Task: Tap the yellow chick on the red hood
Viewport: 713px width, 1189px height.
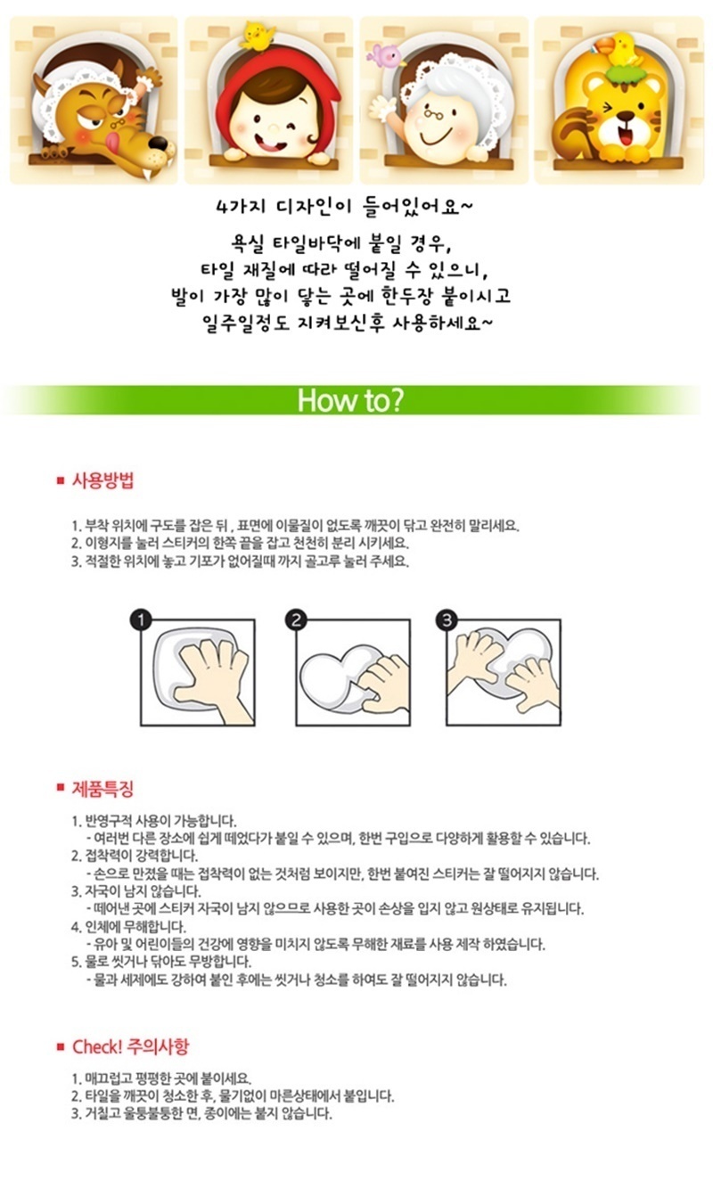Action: [x=258, y=36]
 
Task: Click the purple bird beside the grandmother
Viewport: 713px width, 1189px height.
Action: [x=389, y=54]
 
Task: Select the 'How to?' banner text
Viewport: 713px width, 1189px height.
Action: [x=350, y=400]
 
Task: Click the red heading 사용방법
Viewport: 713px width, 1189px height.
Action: [x=103, y=480]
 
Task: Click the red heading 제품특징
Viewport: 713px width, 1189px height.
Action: [x=103, y=788]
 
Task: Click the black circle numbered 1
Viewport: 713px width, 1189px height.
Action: [x=141, y=619]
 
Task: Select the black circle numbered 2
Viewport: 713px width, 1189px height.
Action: [x=296, y=619]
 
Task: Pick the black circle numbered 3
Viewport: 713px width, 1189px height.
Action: [x=446, y=619]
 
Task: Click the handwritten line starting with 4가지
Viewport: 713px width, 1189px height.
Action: [x=344, y=207]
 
